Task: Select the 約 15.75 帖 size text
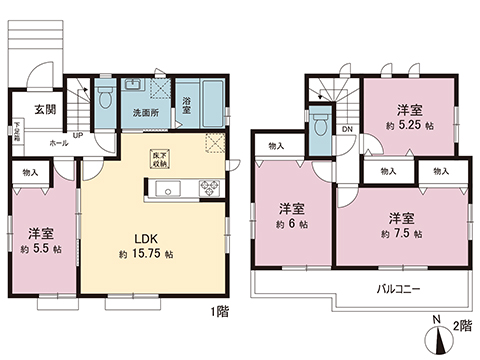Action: tap(148, 256)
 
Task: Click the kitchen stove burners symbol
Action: tap(209, 185)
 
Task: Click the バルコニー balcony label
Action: tap(398, 289)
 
